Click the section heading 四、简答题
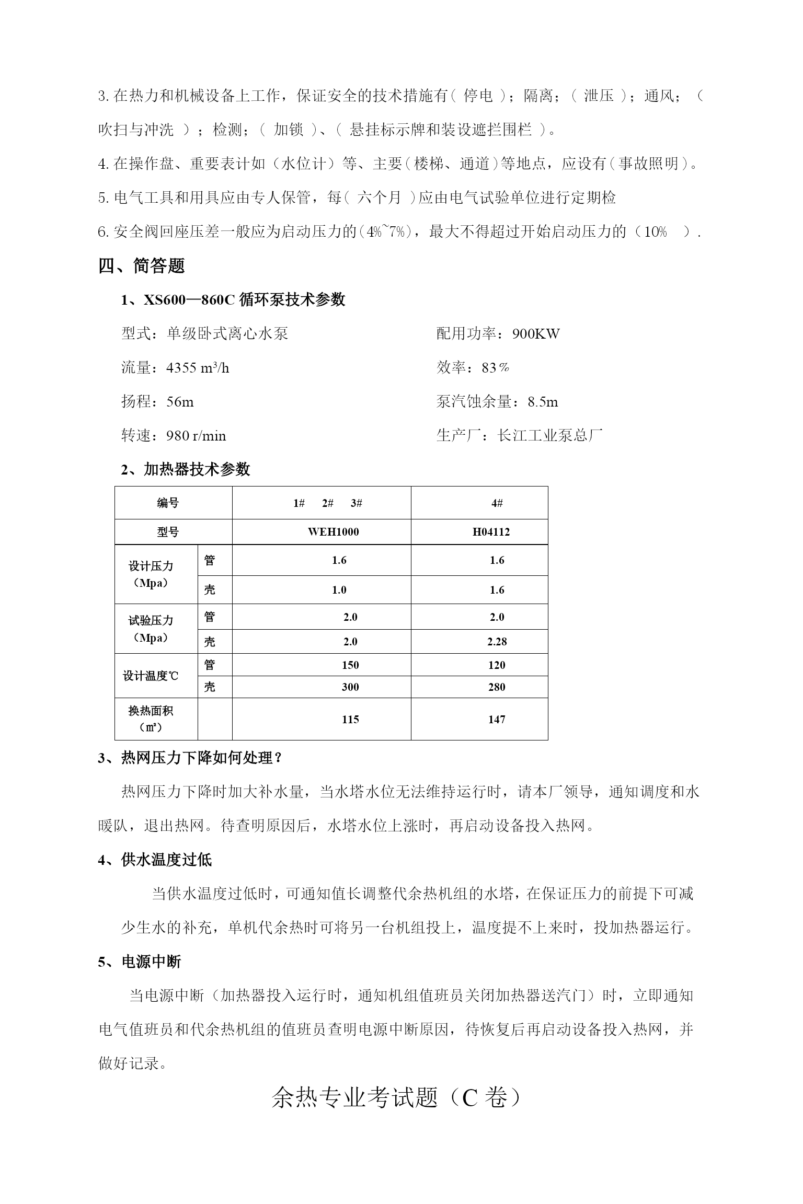point(142,266)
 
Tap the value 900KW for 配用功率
point(536,334)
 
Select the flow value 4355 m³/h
point(198,368)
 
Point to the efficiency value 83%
point(496,368)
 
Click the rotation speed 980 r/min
point(196,436)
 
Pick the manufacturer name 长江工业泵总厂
point(550,435)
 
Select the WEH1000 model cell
point(334,532)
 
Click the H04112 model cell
point(491,532)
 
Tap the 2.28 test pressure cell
point(497,642)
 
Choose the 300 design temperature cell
point(350,687)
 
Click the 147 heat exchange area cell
point(497,720)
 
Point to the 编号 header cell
point(168,503)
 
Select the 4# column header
point(497,503)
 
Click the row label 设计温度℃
point(151,676)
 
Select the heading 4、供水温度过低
point(155,860)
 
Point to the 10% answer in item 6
point(655,232)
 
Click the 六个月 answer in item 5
point(379,198)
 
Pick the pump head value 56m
point(180,402)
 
